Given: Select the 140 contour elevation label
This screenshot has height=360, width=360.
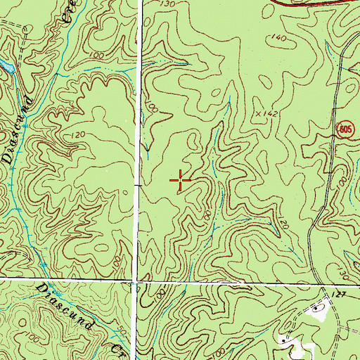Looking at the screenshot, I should pyautogui.click(x=279, y=37).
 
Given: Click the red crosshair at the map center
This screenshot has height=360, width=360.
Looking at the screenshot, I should pyautogui.click(x=181, y=181).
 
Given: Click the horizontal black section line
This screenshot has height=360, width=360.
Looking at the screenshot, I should pyautogui.click(x=70, y=279).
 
